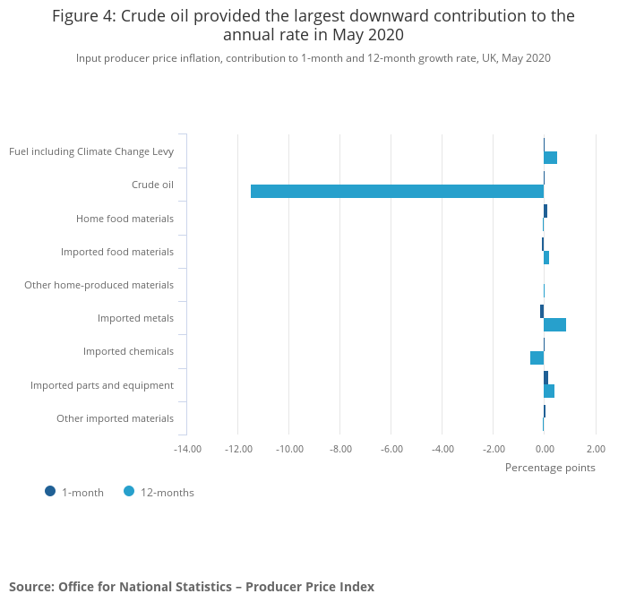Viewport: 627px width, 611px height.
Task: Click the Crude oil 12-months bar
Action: [397, 191]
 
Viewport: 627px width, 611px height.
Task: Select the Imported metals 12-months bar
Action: [554, 324]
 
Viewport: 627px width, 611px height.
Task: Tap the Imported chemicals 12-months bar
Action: [537, 357]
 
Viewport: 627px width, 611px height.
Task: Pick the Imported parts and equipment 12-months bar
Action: [549, 391]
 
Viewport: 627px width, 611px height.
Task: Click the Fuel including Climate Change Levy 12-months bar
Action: [550, 158]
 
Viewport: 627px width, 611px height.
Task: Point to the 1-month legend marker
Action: [50, 491]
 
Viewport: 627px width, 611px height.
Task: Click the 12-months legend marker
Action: [129, 491]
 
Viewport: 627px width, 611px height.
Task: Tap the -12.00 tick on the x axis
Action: [238, 449]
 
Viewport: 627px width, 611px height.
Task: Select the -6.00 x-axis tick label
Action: [391, 449]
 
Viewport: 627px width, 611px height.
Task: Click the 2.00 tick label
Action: [596, 449]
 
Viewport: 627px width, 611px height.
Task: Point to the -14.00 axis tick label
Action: [187, 449]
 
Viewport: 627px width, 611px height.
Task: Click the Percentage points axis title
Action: [550, 467]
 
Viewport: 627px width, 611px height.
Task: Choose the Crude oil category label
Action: [152, 185]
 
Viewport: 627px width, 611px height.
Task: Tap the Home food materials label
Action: [125, 219]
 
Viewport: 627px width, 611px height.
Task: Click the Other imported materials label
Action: [115, 418]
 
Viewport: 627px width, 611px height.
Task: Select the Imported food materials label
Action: [117, 252]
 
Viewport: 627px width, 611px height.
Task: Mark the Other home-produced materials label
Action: [99, 285]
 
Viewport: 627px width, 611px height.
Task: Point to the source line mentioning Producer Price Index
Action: [192, 587]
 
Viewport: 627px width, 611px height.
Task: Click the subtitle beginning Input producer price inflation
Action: [313, 58]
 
